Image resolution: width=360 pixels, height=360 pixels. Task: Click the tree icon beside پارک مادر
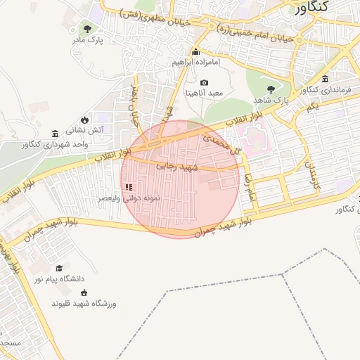coord(87,29)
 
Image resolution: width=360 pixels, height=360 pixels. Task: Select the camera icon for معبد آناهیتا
coord(204,82)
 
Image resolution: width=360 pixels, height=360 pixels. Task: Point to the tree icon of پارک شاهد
coord(271,89)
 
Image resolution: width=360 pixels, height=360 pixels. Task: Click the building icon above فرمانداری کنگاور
coord(325,79)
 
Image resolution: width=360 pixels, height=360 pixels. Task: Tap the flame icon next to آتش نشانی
coord(85,120)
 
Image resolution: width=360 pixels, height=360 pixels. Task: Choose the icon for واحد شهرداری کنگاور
coord(55,134)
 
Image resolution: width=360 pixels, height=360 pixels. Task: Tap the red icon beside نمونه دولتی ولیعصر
coord(128,187)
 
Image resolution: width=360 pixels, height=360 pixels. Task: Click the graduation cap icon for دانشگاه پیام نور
coord(59,268)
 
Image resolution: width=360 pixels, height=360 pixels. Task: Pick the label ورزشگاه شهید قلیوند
coord(84,303)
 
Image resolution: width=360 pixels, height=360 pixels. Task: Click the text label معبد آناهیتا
coord(204,93)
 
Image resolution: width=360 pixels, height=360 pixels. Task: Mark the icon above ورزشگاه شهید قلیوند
coord(84,292)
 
